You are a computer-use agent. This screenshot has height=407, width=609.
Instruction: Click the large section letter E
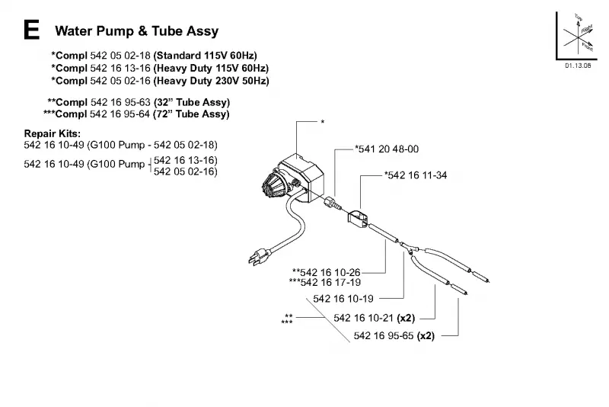(31, 30)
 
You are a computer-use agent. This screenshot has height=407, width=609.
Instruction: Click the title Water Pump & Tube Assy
(137, 31)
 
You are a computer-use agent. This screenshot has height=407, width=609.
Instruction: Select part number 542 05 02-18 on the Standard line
(120, 55)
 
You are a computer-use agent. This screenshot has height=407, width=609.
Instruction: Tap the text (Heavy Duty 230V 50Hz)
(212, 81)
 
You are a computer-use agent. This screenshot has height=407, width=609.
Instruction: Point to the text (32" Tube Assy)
(192, 102)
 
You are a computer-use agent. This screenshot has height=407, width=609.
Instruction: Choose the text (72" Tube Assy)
(192, 114)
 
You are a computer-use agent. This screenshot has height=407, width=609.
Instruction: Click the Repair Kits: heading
(53, 133)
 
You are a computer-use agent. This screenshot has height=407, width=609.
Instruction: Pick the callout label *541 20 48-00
(387, 149)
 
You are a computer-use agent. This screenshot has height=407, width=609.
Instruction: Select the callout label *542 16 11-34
(416, 175)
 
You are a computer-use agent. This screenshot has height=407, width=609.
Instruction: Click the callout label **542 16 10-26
(327, 272)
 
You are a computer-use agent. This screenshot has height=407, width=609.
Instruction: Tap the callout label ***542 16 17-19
(325, 282)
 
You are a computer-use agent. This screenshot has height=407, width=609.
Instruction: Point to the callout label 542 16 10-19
(343, 299)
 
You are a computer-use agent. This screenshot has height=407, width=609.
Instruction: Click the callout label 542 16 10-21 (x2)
(374, 318)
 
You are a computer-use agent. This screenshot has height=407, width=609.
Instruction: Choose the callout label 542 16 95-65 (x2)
(394, 336)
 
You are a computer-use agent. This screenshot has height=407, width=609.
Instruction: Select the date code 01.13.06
(578, 66)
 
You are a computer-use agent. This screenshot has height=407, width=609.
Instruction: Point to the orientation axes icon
(577, 36)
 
